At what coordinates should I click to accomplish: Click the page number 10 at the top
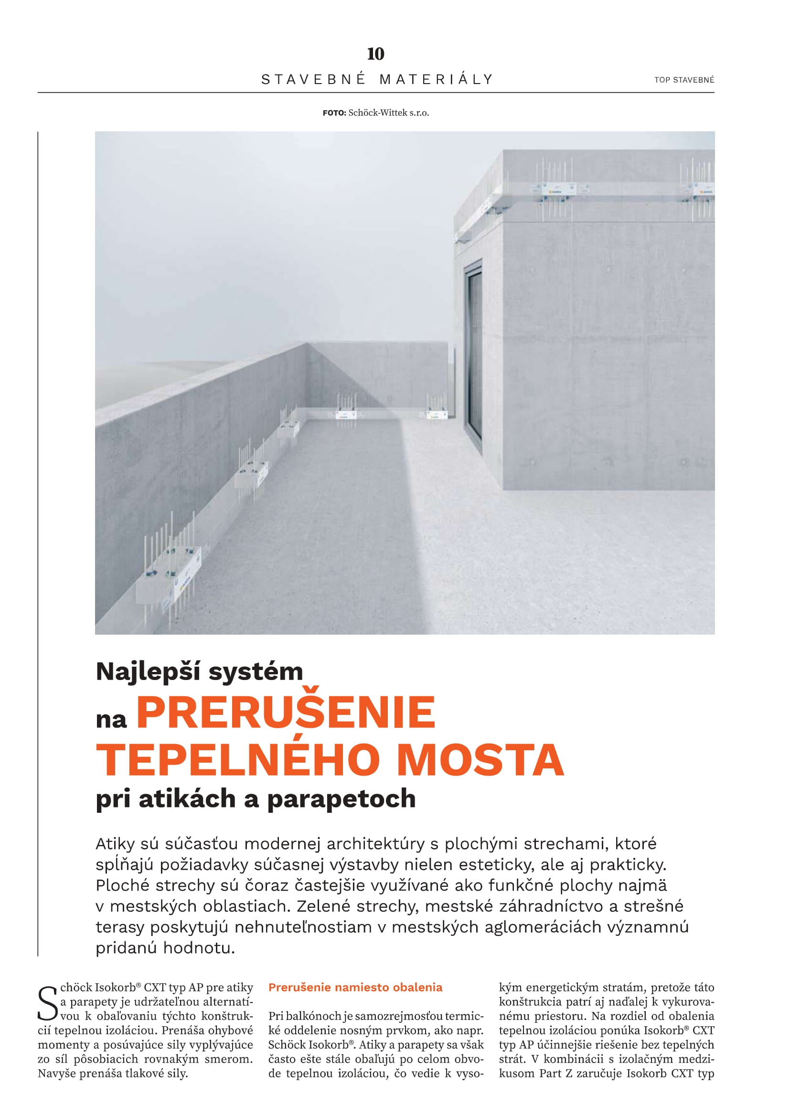click(375, 54)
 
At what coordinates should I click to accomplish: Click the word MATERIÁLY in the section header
click(437, 79)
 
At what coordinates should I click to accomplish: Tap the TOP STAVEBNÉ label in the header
click(684, 80)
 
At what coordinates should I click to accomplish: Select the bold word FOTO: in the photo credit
click(334, 113)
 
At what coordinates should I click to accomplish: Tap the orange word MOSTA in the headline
click(480, 759)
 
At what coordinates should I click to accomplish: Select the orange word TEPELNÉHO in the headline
click(238, 759)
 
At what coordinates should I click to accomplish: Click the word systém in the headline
click(256, 672)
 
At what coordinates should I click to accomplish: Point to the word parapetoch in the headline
click(342, 799)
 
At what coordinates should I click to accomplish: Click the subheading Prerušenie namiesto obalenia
click(355, 987)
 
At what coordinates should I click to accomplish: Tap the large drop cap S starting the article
click(48, 1003)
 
